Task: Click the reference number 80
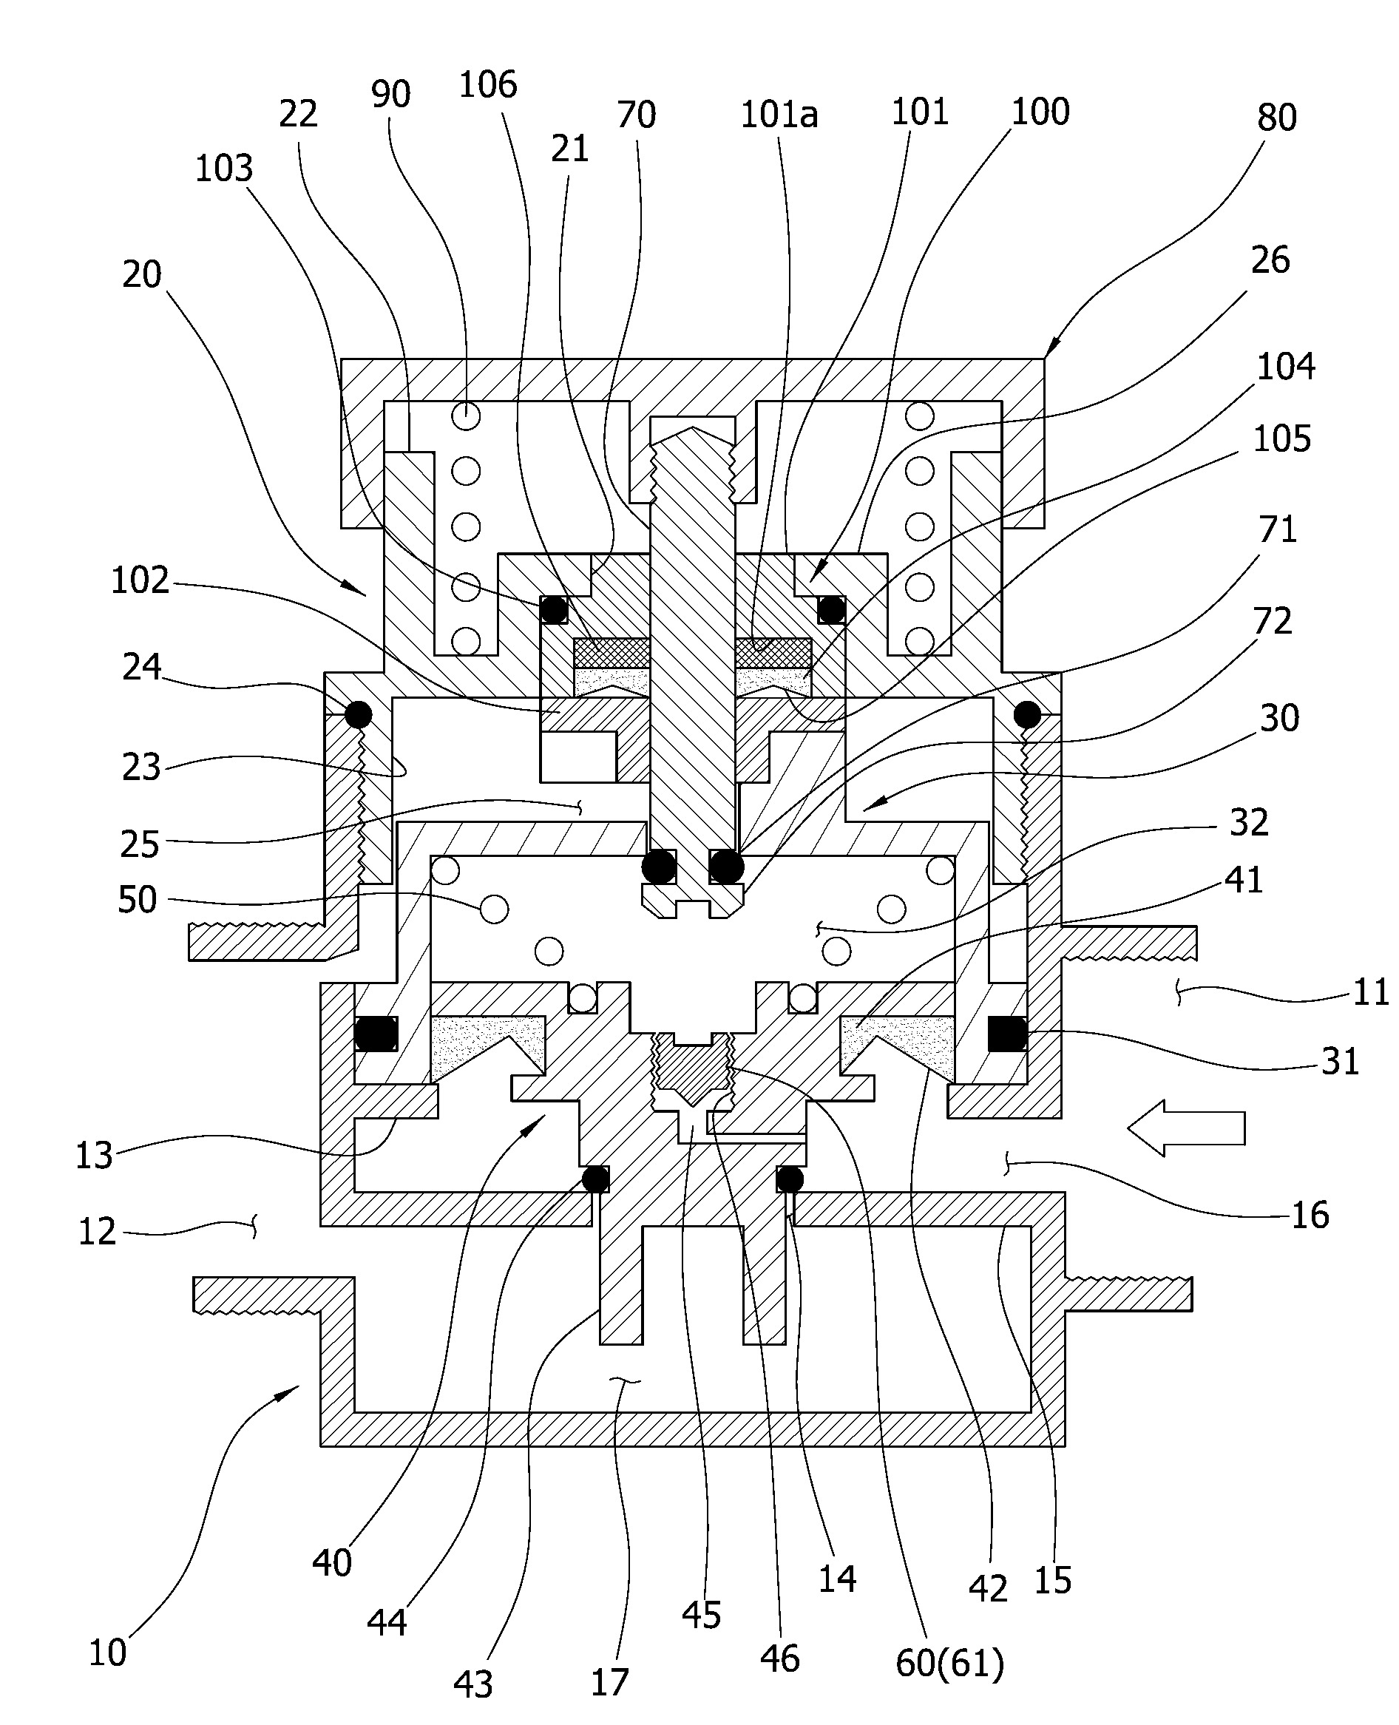(1276, 118)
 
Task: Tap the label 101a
(779, 115)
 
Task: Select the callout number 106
(488, 84)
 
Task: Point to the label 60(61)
(950, 1663)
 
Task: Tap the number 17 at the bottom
(610, 1682)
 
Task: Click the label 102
(140, 580)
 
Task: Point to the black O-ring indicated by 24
(359, 714)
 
